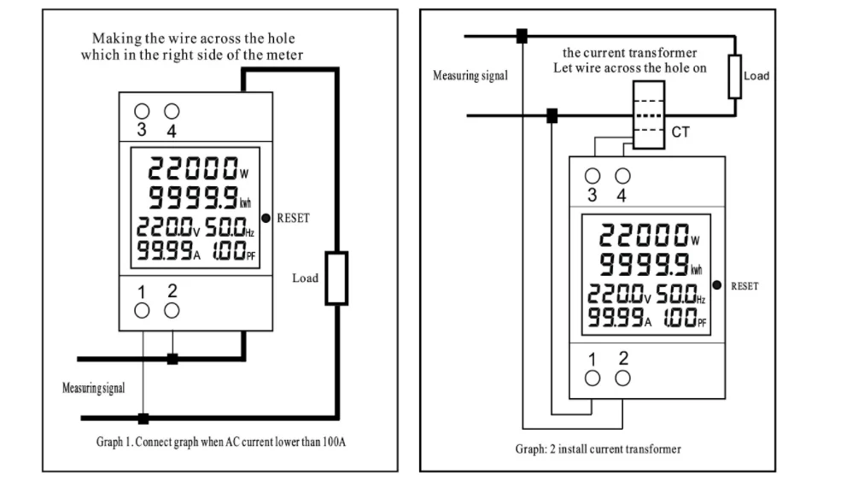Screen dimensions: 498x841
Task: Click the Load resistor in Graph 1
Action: pyautogui.click(x=336, y=278)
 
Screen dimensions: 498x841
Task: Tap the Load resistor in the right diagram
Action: pyautogui.click(x=733, y=76)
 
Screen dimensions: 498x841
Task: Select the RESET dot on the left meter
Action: pyautogui.click(x=266, y=219)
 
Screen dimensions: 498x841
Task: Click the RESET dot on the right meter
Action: pyautogui.click(x=716, y=285)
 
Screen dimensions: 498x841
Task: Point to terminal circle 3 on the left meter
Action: pyautogui.click(x=142, y=111)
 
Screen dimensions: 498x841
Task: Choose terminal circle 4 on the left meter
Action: pyautogui.click(x=172, y=111)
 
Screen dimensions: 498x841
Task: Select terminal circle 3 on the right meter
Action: pyautogui.click(x=593, y=175)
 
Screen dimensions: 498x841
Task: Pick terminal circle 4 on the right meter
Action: pyautogui.click(x=622, y=175)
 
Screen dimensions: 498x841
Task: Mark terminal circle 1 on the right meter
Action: pyautogui.click(x=593, y=378)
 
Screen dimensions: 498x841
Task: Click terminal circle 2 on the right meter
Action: pyautogui.click(x=622, y=378)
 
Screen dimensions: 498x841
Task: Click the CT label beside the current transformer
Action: pyautogui.click(x=680, y=132)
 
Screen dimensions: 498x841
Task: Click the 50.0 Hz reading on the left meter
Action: pyautogui.click(x=228, y=227)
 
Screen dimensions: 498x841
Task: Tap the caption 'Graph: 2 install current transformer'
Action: pyautogui.click(x=598, y=448)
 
